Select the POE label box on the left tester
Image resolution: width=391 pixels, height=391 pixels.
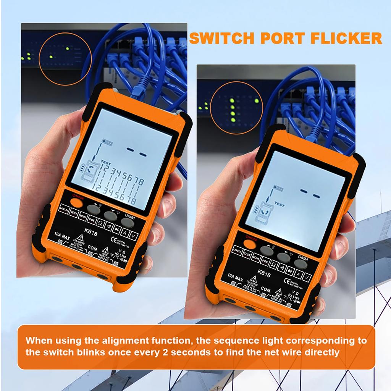tap(92, 220)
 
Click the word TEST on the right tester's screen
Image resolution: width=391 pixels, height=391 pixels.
tap(280, 205)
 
